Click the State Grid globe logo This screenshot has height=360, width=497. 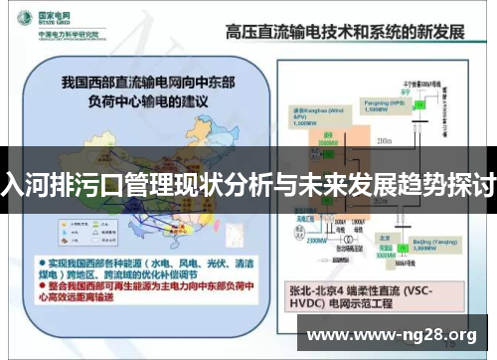[x=23, y=21]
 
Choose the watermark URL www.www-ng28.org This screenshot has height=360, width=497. [x=398, y=335]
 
